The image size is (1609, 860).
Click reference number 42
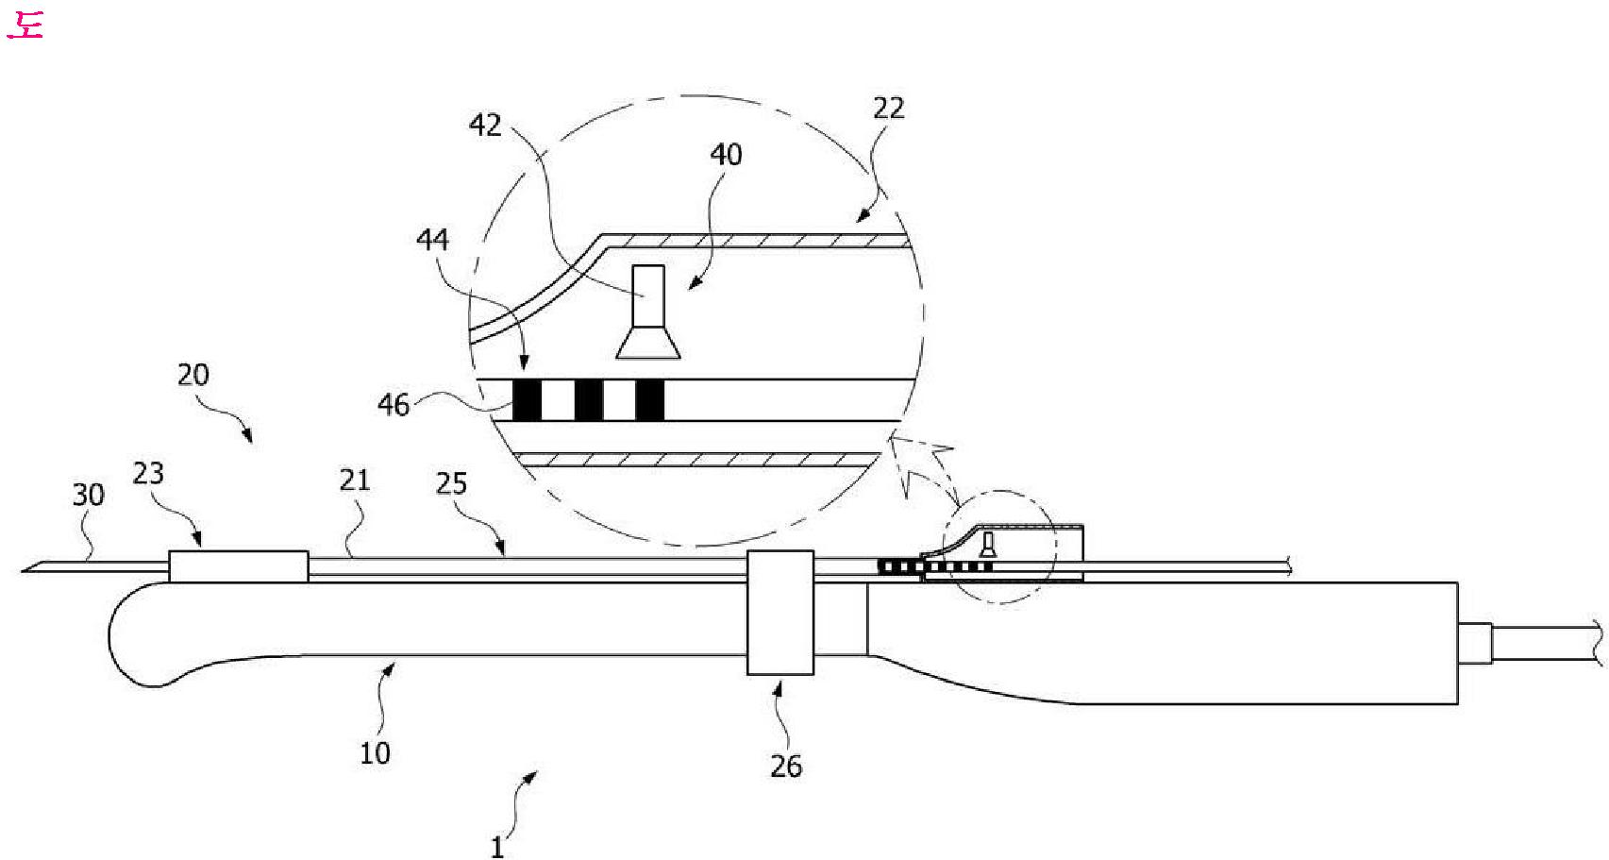485,126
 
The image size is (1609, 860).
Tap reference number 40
726,155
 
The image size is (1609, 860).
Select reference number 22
888,109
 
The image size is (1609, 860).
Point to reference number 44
432,240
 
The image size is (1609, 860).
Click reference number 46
394,405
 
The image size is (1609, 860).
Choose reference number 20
193,375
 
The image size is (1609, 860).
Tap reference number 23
148,473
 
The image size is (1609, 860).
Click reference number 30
89,495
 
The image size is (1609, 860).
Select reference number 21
354,481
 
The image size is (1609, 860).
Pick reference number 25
451,483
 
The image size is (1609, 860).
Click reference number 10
375,752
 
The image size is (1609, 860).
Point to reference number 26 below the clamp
786,766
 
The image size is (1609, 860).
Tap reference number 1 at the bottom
497,847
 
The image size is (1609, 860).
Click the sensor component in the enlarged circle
648,312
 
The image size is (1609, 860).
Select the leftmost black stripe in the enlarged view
527,400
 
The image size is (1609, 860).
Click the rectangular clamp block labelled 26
780,612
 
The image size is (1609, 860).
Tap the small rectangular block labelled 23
238,566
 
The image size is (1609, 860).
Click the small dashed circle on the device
1000,547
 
